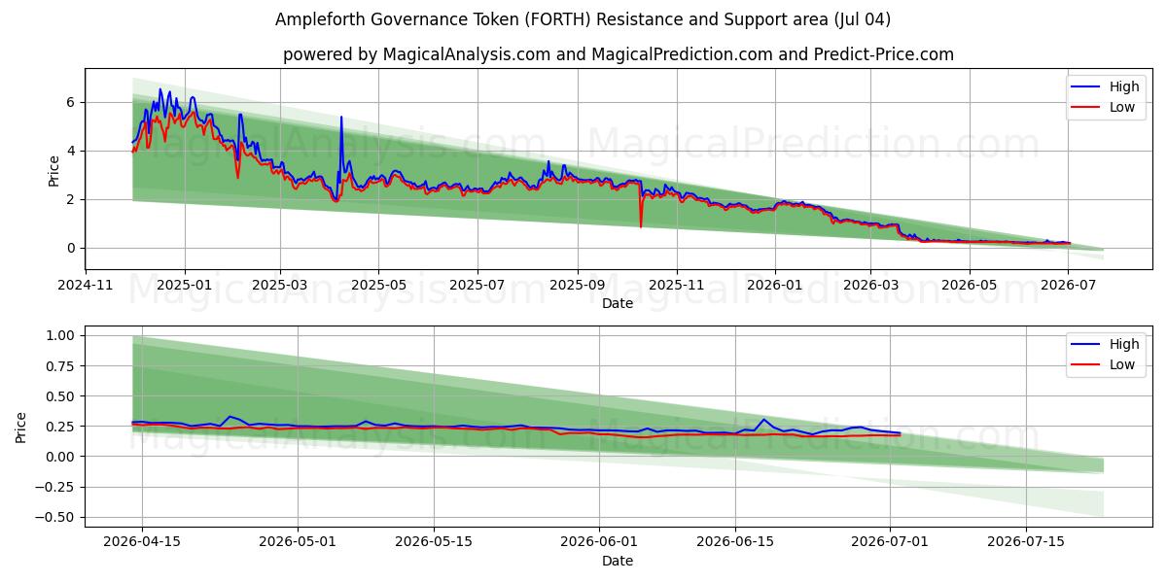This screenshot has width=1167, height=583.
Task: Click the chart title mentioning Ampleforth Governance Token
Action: click(x=583, y=19)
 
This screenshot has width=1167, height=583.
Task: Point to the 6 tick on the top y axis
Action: click(x=70, y=102)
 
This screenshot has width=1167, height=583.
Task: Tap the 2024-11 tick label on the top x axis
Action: click(x=86, y=286)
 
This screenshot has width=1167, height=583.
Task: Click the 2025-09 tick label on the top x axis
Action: click(x=578, y=286)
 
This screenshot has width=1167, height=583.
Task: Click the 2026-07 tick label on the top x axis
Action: click(x=1069, y=286)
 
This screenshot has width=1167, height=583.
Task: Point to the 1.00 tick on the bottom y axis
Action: click(x=61, y=335)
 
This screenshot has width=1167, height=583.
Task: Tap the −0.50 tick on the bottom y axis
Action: click(x=55, y=517)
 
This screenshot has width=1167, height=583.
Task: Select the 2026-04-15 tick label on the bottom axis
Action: click(x=142, y=542)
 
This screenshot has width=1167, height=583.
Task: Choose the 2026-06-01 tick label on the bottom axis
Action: click(x=599, y=542)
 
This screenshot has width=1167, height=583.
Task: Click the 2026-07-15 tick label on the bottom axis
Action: click(x=1026, y=542)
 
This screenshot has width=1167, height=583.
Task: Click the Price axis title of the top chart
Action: click(x=53, y=171)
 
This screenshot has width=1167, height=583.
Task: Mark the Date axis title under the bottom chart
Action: click(x=618, y=562)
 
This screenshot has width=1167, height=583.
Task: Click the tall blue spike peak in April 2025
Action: click(x=341, y=117)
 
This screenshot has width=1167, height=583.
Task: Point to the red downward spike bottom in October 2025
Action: click(x=641, y=227)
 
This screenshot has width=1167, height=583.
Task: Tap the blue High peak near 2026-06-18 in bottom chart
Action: click(x=763, y=419)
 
